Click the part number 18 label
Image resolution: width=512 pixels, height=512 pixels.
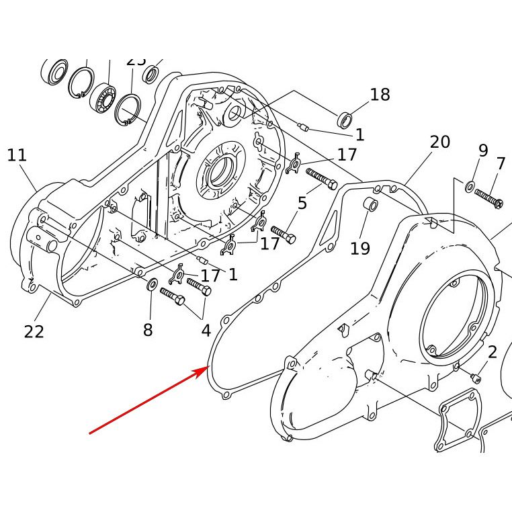tap(380, 95)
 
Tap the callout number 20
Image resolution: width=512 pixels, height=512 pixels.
tap(439, 142)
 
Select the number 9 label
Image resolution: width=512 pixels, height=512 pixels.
tap(483, 151)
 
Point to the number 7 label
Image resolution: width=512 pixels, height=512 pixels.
tap(501, 163)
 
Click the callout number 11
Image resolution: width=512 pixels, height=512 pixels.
tap(17, 156)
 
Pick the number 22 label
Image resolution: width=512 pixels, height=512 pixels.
tap(34, 331)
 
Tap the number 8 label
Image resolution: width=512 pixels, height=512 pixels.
tap(148, 330)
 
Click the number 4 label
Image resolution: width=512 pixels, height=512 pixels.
tap(206, 331)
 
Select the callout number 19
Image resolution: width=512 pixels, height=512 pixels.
tap(360, 249)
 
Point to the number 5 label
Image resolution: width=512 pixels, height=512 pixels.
tap(302, 203)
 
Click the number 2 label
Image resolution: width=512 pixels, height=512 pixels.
tap(493, 352)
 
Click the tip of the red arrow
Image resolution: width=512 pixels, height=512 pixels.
tap(207, 368)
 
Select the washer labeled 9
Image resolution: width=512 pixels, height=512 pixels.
tap(470, 185)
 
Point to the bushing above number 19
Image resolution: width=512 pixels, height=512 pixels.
tap(370, 204)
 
